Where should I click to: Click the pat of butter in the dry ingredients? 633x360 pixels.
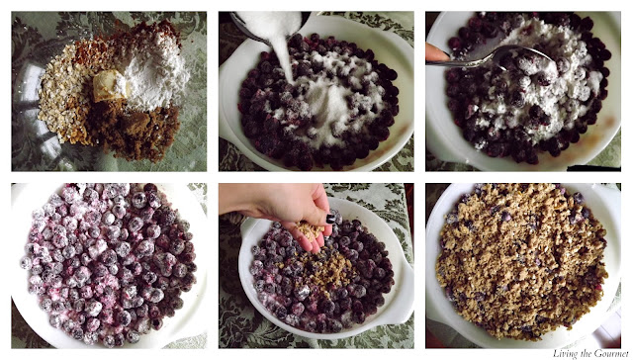107,86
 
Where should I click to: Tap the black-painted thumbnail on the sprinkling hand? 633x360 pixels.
330,219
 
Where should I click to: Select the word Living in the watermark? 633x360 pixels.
561,354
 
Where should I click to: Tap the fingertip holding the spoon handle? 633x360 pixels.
436,52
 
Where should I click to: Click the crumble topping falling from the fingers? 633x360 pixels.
310,230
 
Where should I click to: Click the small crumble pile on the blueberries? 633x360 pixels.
323,270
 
